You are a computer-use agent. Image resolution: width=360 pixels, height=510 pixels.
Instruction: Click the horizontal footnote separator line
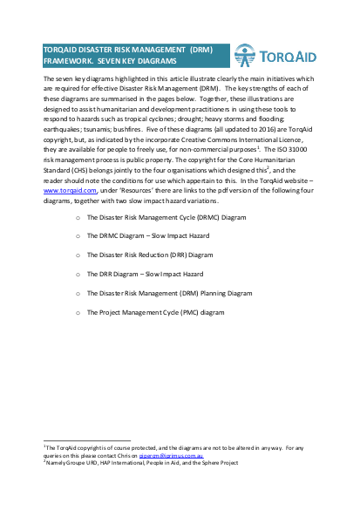[x=86, y=440]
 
